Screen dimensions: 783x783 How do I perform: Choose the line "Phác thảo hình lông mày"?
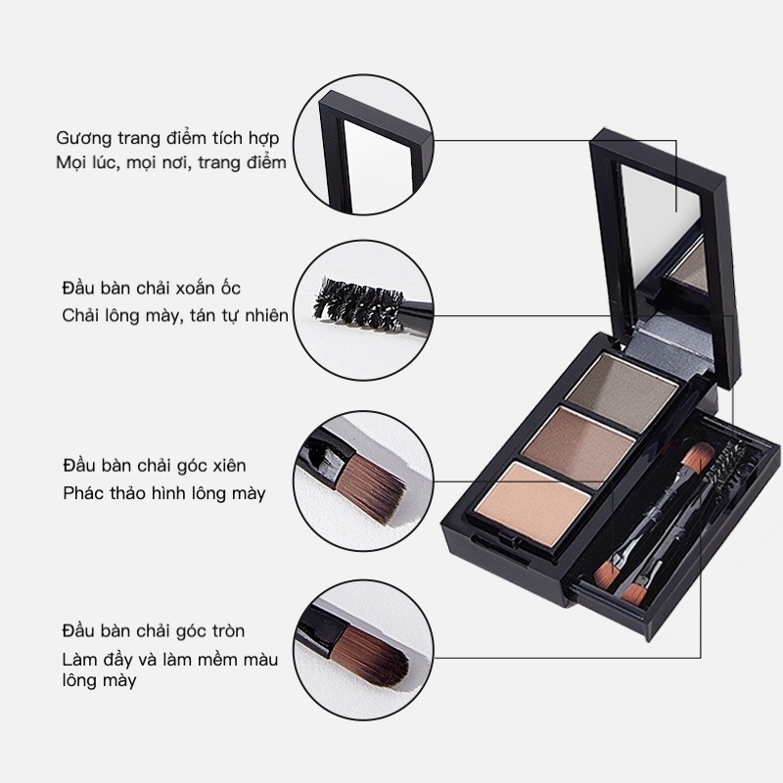point(163,492)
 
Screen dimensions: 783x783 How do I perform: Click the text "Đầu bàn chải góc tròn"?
point(153,629)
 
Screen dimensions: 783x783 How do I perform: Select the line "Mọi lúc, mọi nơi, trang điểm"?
point(170,162)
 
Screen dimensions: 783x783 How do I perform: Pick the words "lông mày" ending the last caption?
point(98,680)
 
